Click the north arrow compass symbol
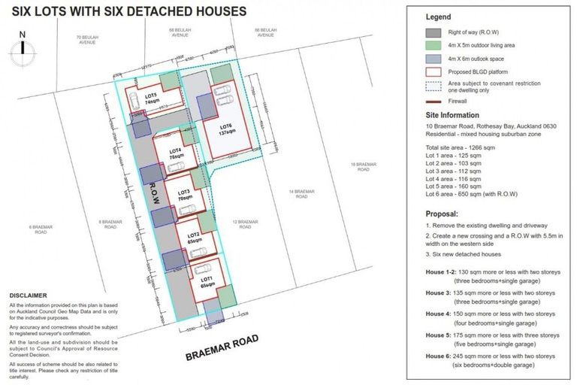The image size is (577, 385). (23, 47)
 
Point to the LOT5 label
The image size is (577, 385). (151, 98)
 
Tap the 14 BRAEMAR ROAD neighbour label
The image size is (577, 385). (301, 193)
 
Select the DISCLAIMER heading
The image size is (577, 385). (28, 296)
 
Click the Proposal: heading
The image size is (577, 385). (443, 213)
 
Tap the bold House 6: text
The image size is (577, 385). (439, 355)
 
